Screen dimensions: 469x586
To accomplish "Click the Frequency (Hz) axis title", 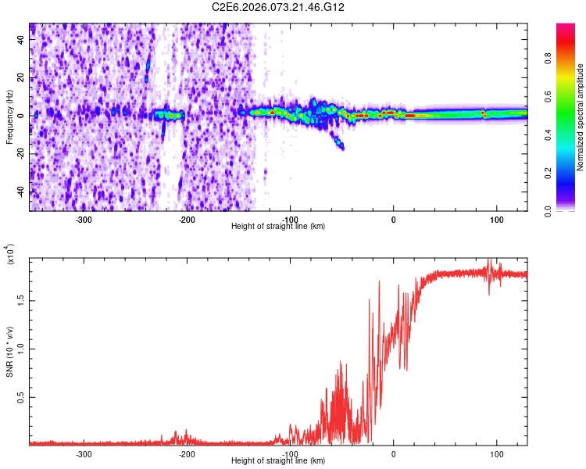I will click(x=9, y=118).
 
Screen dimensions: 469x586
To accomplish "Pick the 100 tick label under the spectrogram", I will click(x=496, y=220).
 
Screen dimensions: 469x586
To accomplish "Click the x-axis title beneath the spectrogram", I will click(x=279, y=227).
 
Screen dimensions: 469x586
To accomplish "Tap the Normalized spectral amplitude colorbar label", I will click(x=580, y=118).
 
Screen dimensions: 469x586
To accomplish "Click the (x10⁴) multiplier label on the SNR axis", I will click(x=10, y=254).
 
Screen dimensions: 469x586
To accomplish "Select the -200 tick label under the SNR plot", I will click(x=187, y=454).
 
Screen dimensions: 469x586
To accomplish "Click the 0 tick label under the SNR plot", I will click(x=393, y=454).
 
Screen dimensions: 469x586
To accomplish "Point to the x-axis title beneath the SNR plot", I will click(x=279, y=461).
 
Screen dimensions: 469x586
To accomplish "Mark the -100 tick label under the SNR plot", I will click(x=290, y=454).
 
